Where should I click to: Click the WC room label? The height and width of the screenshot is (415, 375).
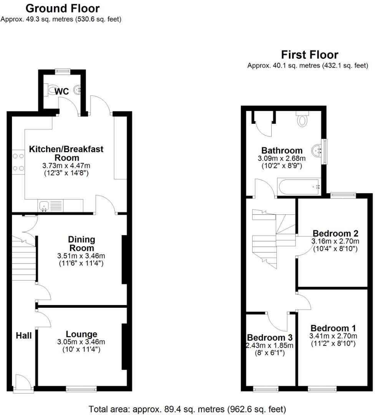click(61, 91)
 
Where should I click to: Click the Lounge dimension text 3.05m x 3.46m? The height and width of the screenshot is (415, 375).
click(81, 342)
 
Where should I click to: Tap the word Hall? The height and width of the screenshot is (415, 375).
click(23, 336)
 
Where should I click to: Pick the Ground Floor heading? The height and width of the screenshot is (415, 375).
click(63, 8)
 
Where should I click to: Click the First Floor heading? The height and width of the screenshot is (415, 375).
click(310, 55)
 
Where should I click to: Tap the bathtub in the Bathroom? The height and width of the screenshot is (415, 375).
click(299, 187)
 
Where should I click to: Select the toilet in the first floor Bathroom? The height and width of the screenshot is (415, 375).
click(303, 120)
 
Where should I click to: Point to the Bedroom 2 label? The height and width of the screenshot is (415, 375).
click(335, 234)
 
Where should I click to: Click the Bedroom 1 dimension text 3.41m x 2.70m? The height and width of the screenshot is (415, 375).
click(333, 336)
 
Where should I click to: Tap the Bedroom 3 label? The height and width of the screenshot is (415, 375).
click(270, 337)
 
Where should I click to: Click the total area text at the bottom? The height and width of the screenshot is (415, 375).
click(187, 408)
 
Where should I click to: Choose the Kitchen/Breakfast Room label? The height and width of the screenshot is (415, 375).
click(66, 153)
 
